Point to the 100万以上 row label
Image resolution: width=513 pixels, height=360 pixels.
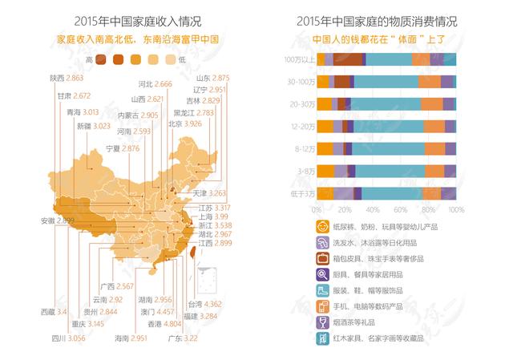(x=298, y=59)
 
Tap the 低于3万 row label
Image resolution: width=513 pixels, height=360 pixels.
(x=301, y=192)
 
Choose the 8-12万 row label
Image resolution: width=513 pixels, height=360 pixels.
(x=301, y=148)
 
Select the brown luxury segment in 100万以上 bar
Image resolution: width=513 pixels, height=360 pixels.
(x=347, y=59)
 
